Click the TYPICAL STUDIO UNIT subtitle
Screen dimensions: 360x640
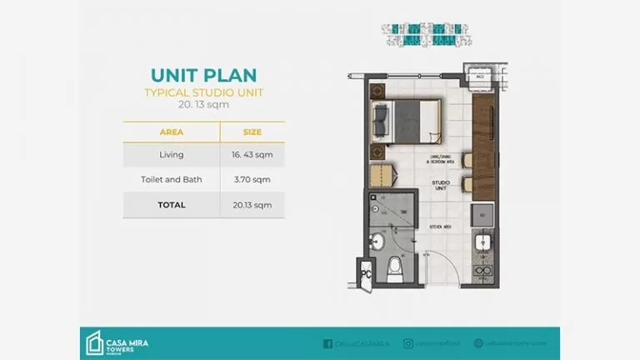point(203,92)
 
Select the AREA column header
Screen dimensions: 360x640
point(172,132)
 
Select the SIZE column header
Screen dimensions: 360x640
point(252,132)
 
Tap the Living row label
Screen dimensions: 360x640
point(172,155)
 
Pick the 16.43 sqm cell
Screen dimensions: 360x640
point(252,155)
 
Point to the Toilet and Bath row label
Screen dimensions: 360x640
point(172,179)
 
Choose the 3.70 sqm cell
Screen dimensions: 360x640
point(252,179)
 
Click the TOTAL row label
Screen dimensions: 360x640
point(172,204)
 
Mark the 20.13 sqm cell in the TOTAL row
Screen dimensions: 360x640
point(252,204)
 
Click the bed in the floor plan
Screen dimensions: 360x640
point(408,117)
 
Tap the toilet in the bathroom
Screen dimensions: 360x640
point(397,268)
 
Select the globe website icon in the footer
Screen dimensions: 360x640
point(478,342)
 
